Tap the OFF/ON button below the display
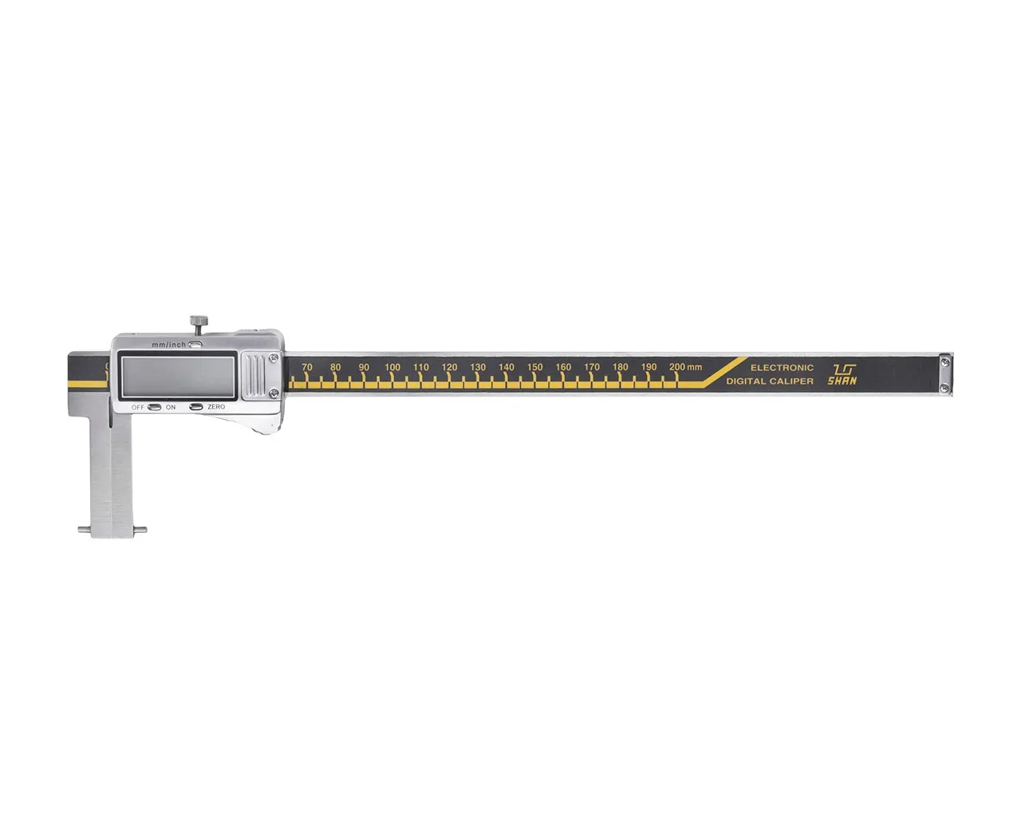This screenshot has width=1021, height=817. (155, 407)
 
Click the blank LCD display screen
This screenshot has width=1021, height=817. (178, 377)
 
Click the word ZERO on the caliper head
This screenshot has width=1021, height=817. (216, 407)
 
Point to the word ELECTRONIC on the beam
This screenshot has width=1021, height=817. (782, 368)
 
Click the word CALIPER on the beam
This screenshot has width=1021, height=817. (792, 381)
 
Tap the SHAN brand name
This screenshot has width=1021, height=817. (842, 381)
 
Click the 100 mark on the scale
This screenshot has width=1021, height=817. (392, 367)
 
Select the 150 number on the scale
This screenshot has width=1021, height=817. (534, 367)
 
